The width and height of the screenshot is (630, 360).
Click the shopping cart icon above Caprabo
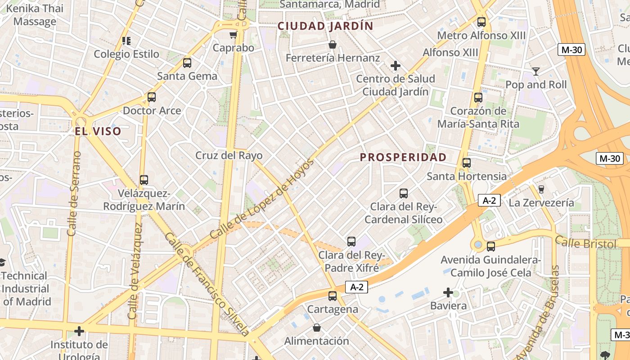click(x=233, y=35)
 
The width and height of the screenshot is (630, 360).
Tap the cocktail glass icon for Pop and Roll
click(x=535, y=71)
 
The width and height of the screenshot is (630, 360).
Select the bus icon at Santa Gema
click(x=187, y=63)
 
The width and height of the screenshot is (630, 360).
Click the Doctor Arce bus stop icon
click(x=152, y=97)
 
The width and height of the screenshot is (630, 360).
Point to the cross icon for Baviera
click(x=448, y=293)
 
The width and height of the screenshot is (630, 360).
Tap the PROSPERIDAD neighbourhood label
click(x=403, y=157)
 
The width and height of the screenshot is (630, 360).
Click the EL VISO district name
click(x=98, y=131)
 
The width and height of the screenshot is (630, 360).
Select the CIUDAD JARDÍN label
click(x=325, y=26)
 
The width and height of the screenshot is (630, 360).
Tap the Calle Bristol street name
click(x=585, y=243)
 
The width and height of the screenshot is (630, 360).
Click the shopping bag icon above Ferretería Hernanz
click(x=333, y=45)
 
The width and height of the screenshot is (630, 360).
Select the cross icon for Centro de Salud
click(x=396, y=66)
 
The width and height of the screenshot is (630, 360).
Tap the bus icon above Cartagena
click(x=333, y=296)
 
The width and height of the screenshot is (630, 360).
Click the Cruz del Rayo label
click(x=229, y=156)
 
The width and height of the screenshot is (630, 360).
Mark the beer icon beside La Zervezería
click(x=541, y=189)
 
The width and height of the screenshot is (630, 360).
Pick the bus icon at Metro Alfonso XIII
click(x=481, y=22)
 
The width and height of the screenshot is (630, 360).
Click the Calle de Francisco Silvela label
click(x=207, y=284)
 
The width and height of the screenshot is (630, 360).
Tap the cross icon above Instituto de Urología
click(x=79, y=332)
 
